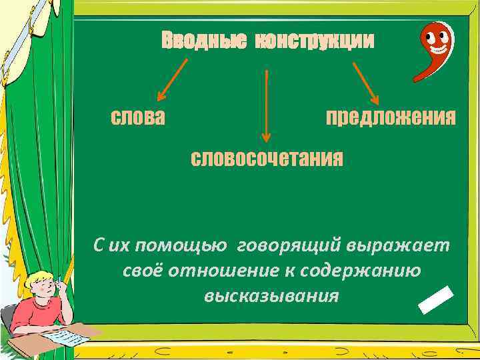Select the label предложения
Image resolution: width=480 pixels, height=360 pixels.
(x=391, y=117)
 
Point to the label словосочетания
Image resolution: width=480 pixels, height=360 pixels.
(x=267, y=159)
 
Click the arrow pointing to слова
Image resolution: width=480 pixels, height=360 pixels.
(x=172, y=79)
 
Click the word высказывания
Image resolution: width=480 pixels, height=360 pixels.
(x=272, y=295)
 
